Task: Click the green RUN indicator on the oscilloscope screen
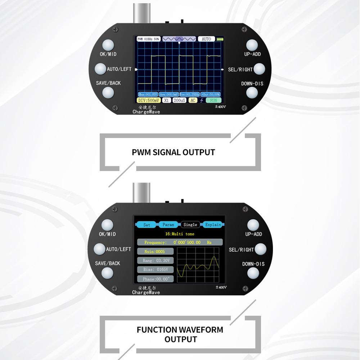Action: [x=214, y=100]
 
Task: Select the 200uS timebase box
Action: [x=179, y=100]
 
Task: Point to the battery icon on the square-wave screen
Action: [x=220, y=39]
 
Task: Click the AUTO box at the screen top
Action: [x=206, y=39]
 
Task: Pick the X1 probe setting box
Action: [x=166, y=100]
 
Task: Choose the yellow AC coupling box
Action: [x=193, y=100]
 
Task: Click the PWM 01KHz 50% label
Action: [x=149, y=39]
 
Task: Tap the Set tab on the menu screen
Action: [x=147, y=225]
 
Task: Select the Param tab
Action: [x=168, y=225]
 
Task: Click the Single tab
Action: [x=190, y=225]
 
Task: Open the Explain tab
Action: [x=213, y=225]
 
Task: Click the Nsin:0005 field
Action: [x=156, y=251]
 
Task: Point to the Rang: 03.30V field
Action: [x=156, y=260]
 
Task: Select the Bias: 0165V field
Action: [x=156, y=269]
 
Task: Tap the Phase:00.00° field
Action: [x=156, y=279]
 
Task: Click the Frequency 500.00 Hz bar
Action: [x=180, y=242]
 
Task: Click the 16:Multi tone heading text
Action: [x=180, y=234]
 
